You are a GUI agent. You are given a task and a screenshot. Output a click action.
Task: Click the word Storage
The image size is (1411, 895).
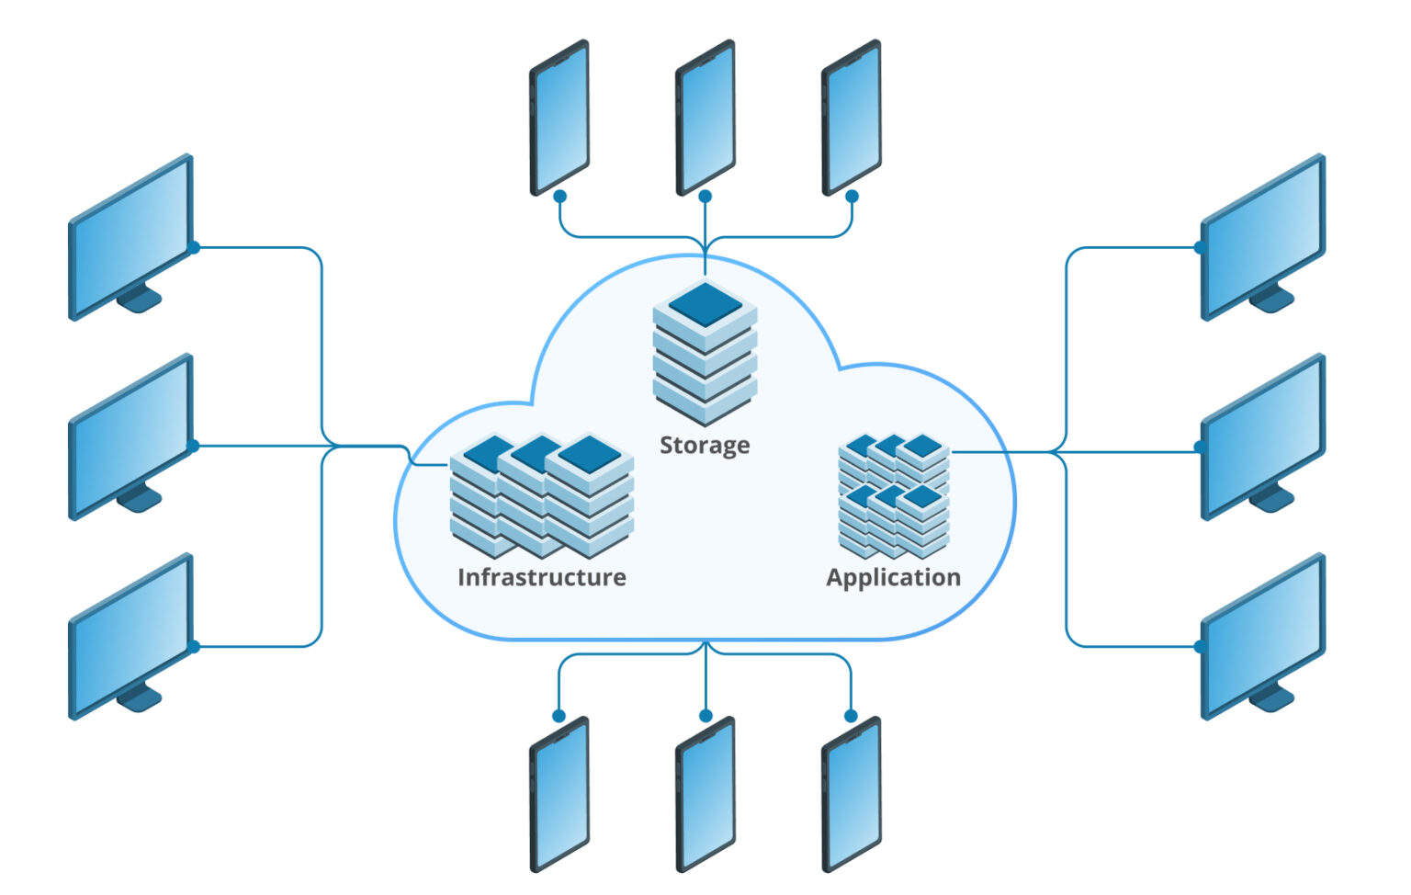click(705, 446)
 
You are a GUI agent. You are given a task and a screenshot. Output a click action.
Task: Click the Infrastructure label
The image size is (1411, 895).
click(541, 577)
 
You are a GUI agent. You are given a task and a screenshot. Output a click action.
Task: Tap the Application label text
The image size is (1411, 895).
click(893, 577)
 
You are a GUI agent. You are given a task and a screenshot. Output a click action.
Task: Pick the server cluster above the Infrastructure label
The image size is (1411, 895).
click(541, 495)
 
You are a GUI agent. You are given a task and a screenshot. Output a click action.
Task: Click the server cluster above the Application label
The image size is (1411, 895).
click(894, 496)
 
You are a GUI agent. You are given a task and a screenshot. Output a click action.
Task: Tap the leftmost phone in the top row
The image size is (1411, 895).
click(559, 117)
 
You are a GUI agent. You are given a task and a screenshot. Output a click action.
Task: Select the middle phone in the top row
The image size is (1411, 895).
click(705, 117)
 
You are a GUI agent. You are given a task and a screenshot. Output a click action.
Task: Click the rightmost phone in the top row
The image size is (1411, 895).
click(851, 117)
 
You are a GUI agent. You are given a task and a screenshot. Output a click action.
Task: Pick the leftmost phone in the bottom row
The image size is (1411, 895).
click(559, 794)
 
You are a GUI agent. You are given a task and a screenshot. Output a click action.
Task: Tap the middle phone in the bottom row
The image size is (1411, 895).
click(705, 794)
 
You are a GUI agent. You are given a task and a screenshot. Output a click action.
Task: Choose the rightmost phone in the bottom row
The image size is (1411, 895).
click(851, 794)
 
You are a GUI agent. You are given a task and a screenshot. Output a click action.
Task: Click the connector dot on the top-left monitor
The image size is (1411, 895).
click(194, 247)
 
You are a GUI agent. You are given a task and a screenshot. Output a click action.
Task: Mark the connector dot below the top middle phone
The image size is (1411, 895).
click(705, 197)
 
